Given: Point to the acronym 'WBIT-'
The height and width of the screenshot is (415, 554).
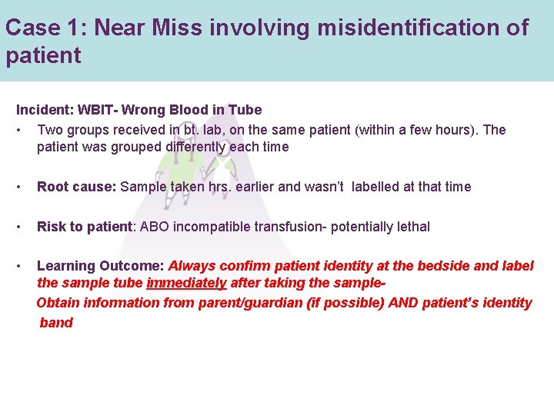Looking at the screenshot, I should click(x=95, y=110).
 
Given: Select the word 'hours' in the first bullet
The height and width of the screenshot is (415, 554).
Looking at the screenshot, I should click(x=456, y=130).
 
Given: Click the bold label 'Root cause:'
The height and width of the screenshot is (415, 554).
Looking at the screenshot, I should click(x=77, y=187).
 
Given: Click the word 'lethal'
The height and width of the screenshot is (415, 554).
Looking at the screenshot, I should click(x=410, y=227).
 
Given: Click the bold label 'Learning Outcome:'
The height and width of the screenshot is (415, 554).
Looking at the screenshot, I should click(x=100, y=266).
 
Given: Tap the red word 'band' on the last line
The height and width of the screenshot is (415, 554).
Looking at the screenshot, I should click(x=56, y=323).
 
